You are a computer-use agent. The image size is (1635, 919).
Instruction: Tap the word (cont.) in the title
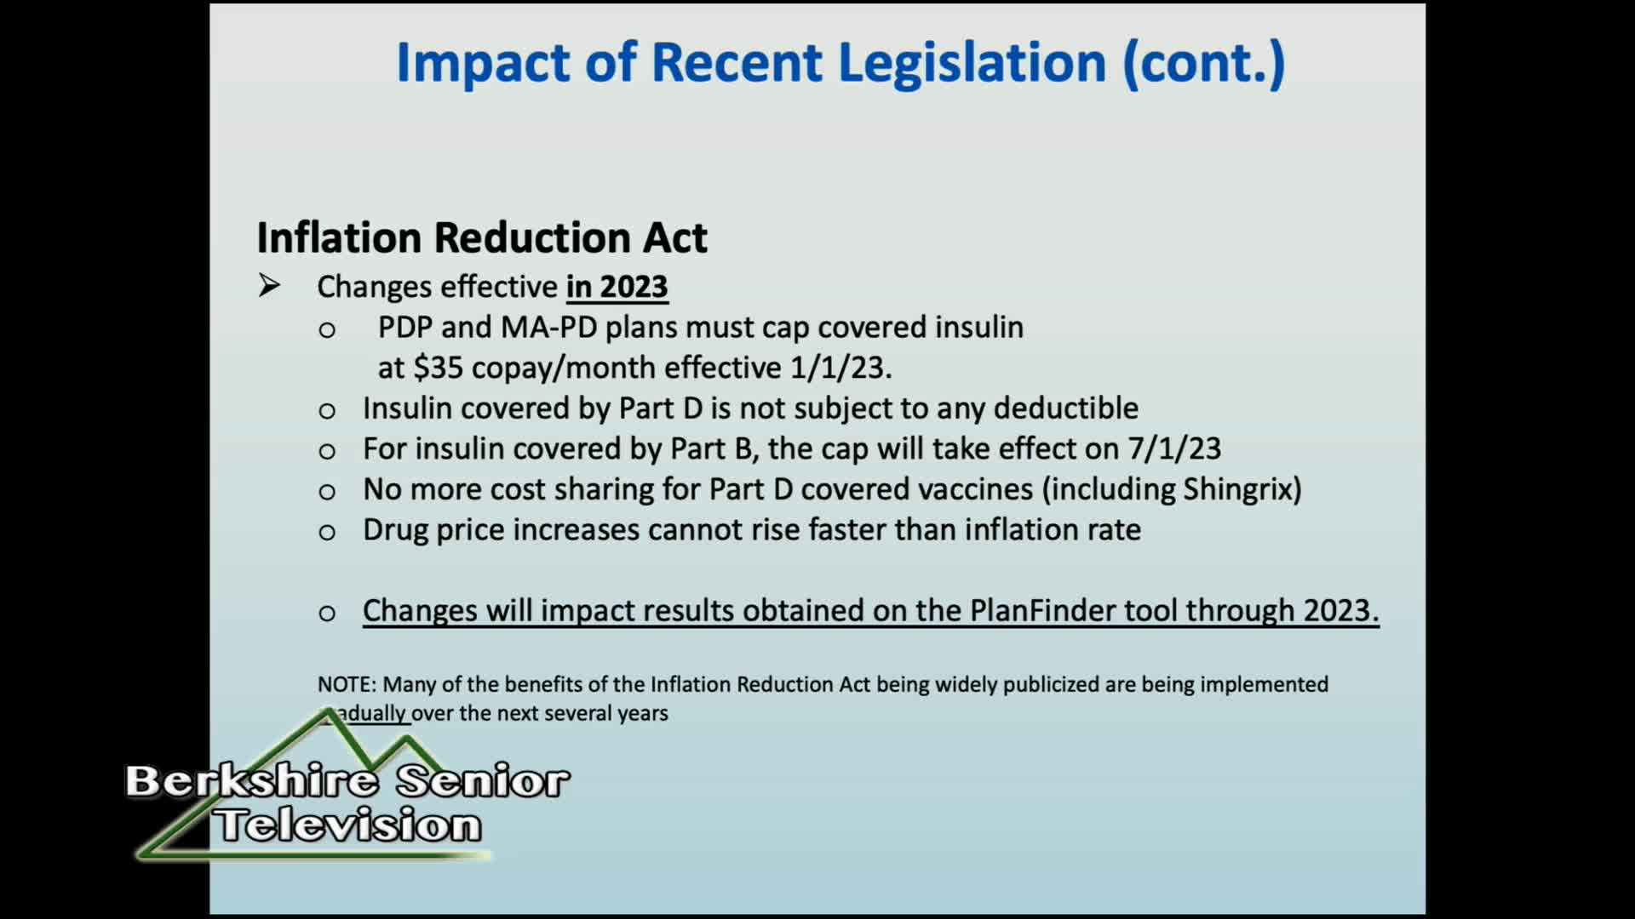[1204, 64]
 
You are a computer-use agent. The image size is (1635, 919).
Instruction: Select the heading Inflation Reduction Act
[482, 237]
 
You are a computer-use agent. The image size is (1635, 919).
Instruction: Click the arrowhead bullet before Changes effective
[269, 286]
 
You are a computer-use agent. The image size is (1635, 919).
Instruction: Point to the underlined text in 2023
[617, 287]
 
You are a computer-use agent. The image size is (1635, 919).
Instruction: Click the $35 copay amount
[438, 368]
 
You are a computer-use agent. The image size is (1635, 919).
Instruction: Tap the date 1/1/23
[841, 368]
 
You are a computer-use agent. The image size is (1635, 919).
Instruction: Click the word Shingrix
[1239, 489]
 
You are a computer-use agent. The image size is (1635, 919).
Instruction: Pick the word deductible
[1066, 408]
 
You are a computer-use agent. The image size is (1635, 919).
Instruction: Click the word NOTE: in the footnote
[347, 684]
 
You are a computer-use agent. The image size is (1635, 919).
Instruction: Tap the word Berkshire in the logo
[252, 781]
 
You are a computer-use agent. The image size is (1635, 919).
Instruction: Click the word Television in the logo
[347, 825]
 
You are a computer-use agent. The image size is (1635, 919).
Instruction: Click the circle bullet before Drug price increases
[327, 533]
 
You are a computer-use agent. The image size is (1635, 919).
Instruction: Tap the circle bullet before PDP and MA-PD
[327, 330]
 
